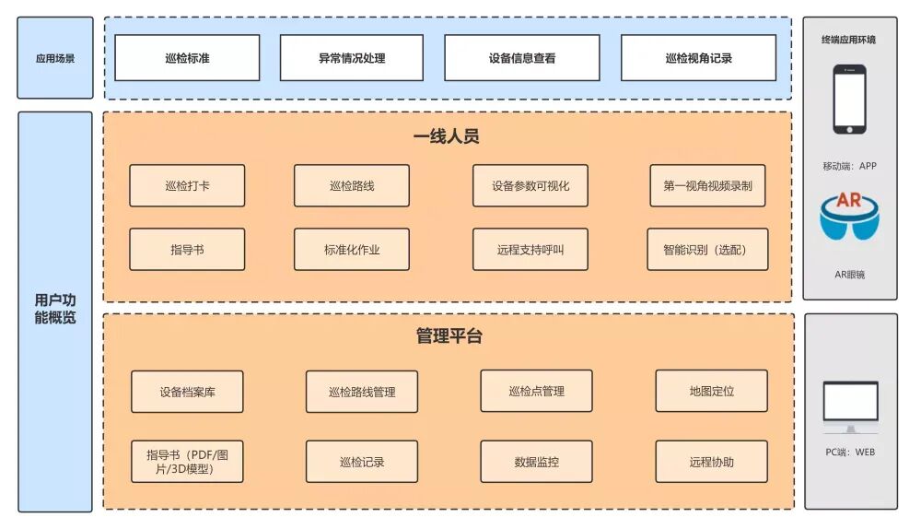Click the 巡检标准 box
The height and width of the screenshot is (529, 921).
187,58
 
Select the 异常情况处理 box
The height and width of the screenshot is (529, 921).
351,58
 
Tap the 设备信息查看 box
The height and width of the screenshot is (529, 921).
521,58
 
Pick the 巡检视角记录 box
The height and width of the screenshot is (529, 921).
698,58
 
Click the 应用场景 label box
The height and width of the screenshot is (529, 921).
55,58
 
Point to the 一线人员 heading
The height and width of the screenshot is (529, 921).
447,136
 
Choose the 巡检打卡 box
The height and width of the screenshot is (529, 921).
187,185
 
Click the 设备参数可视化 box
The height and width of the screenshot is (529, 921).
530,185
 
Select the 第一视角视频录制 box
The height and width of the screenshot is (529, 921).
707,185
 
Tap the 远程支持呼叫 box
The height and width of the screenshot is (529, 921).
530,249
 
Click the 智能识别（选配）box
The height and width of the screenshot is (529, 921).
707,249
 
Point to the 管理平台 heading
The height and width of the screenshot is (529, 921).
449,336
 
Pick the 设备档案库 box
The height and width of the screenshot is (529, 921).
187,392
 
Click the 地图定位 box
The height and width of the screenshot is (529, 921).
711,391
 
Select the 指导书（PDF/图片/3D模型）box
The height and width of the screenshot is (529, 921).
187,461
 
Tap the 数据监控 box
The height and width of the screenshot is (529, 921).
536,461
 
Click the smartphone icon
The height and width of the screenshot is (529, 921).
849,100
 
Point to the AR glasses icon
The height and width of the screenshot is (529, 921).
849,217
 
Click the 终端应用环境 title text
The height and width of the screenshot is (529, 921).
849,40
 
